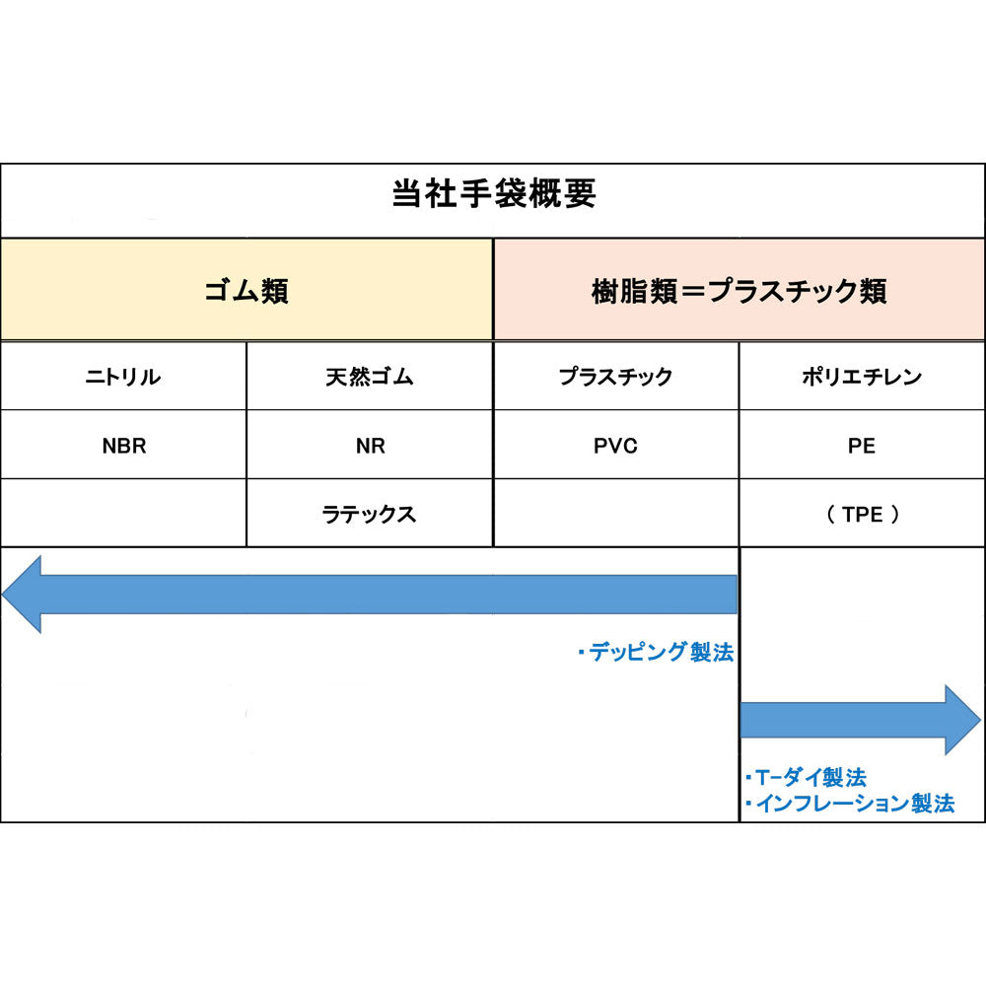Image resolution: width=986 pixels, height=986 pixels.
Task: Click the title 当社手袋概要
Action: tap(494, 193)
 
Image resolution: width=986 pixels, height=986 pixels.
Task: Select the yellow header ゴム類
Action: tap(246, 291)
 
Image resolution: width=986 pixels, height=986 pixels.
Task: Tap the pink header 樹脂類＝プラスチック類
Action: tap(739, 291)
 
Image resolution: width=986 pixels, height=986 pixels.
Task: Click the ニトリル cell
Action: tap(123, 377)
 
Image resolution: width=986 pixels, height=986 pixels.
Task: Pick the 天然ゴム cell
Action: tap(369, 377)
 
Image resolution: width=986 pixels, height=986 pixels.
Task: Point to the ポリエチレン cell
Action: tap(862, 377)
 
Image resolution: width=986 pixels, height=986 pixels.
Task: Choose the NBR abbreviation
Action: tap(124, 446)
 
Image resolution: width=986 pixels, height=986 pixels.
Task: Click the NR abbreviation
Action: tap(370, 446)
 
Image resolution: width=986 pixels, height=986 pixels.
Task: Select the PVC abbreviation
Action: tap(615, 446)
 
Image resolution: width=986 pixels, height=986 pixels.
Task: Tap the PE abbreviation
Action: tap(862, 446)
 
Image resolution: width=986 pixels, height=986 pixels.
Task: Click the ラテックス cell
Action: tap(369, 515)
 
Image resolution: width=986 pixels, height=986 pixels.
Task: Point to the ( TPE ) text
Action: tap(862, 515)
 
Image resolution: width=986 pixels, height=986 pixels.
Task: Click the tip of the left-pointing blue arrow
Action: tap(3, 595)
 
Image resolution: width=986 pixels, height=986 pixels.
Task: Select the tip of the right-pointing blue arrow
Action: tap(981, 720)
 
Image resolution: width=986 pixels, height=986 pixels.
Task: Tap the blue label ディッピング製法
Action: tap(657, 652)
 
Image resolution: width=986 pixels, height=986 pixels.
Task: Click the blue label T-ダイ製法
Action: tap(807, 778)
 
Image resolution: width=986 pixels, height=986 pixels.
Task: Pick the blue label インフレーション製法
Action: tap(850, 804)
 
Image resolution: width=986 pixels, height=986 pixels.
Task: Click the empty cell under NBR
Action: tap(123, 513)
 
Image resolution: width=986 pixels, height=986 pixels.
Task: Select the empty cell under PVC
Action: tap(616, 513)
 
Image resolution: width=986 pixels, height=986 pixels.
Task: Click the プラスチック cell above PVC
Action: tap(615, 377)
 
